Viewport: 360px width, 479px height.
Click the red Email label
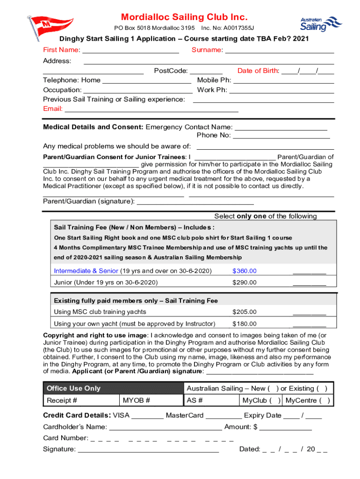pos(53,109)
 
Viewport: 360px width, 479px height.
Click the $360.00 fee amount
pos(245,271)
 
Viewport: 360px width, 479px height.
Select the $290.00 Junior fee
pos(245,283)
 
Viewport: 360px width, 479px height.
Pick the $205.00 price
pos(245,312)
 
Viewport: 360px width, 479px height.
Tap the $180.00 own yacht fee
pos(245,324)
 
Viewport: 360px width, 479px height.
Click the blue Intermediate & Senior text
pos(86,271)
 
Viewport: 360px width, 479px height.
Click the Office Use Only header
pos(73,388)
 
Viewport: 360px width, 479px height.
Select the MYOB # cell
pos(137,400)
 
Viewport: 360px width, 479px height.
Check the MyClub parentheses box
pos(276,400)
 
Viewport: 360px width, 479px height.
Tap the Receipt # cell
pos(62,400)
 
